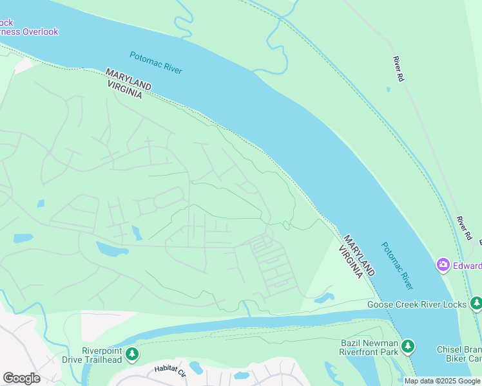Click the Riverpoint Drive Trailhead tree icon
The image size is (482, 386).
131,354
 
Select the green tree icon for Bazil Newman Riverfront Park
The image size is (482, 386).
407,347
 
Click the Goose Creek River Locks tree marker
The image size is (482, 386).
476,303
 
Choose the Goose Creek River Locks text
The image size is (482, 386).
418,304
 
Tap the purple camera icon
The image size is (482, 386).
443,264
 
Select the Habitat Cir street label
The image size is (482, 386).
170,371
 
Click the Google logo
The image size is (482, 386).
21,378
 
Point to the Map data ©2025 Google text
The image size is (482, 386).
442,381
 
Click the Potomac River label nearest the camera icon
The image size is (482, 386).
396,265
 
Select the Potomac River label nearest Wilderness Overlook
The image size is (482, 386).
156,62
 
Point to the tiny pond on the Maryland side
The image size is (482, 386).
388,89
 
